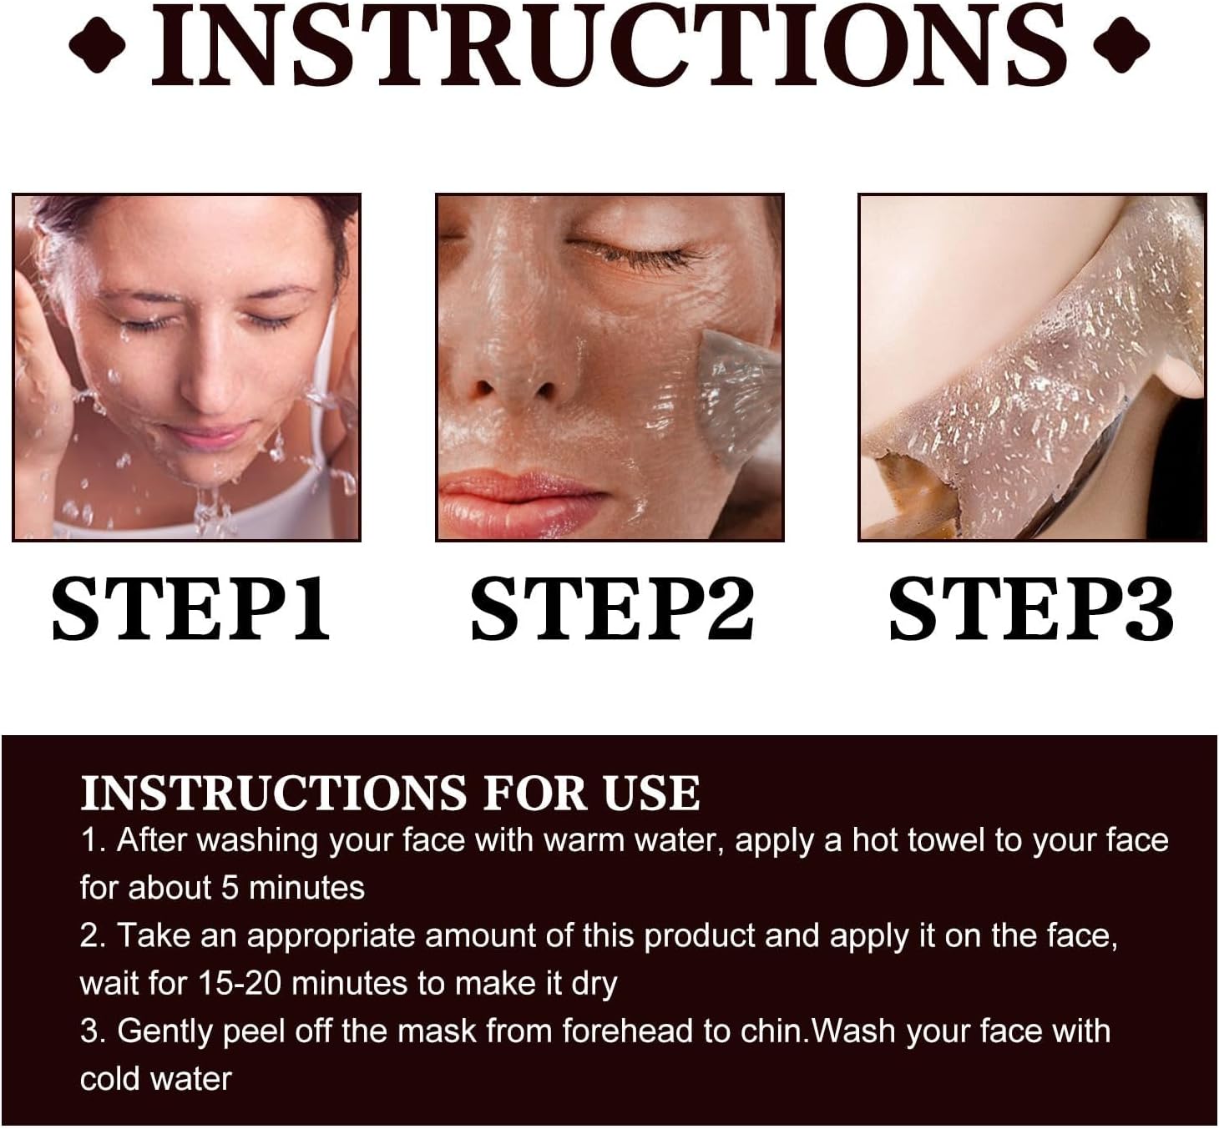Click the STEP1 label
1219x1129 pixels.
(191, 609)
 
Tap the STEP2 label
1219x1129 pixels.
(612, 609)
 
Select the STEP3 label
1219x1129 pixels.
(1031, 609)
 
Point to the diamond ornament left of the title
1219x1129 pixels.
(98, 45)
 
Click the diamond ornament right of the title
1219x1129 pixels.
(1121, 45)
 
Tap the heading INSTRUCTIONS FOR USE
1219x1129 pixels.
(391, 793)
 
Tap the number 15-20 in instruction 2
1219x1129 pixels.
(240, 984)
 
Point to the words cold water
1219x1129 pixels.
(156, 1079)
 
